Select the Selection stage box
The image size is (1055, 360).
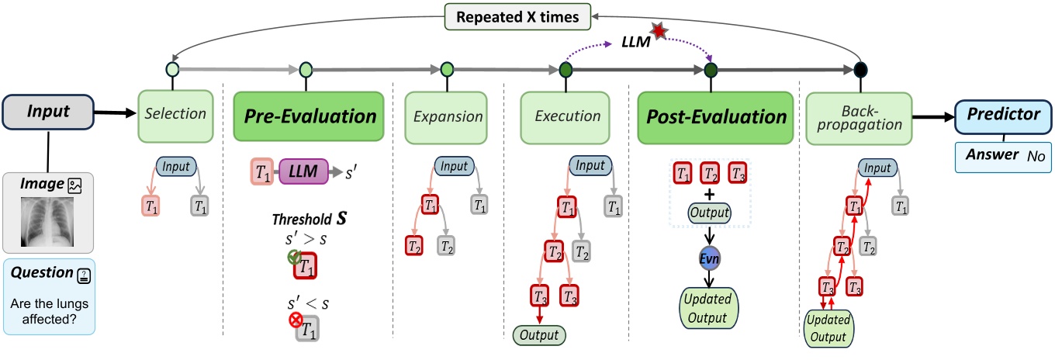[175, 114]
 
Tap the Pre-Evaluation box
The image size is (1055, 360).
[310, 116]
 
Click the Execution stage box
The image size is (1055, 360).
[566, 116]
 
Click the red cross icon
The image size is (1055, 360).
[295, 319]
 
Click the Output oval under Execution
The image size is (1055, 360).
[539, 335]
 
